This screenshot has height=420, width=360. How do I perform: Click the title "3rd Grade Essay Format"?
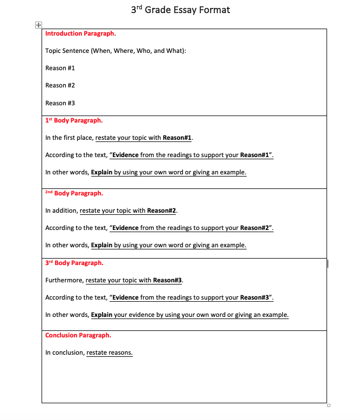tap(180, 10)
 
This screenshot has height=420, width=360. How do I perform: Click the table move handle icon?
tap(38, 25)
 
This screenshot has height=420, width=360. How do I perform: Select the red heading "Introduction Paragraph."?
tap(80, 33)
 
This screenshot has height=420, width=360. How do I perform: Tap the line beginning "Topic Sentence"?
tap(119, 51)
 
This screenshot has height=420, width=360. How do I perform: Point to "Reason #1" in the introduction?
tap(60, 68)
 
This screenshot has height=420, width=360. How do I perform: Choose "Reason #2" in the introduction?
tap(60, 85)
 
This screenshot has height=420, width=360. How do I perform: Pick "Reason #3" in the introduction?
tap(60, 103)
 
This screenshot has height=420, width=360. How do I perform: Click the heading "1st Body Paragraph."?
tap(74, 120)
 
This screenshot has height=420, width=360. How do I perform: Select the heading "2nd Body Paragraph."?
tap(74, 193)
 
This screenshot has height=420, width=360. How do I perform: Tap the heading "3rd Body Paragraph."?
tap(74, 263)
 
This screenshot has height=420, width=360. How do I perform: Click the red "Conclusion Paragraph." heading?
tap(78, 335)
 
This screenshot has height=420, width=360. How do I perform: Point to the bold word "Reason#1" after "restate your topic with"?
tap(177, 138)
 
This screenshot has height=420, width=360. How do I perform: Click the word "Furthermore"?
tap(64, 280)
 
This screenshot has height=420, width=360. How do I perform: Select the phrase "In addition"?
tap(61, 211)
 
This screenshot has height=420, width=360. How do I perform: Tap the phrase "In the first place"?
tap(69, 138)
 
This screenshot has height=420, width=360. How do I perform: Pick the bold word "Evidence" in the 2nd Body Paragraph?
tap(125, 228)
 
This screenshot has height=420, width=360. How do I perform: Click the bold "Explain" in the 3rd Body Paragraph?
tap(101, 315)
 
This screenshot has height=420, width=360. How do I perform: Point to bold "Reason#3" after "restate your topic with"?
tap(168, 280)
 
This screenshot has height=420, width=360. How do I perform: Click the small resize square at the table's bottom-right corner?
tap(328, 405)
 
